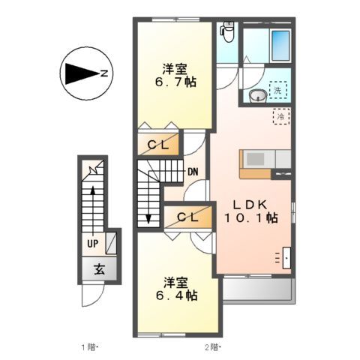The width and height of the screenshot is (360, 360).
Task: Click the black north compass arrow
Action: click(x=79, y=73)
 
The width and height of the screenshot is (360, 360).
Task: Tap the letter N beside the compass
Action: click(x=104, y=73)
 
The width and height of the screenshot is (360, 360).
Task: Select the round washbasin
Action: click(x=257, y=95)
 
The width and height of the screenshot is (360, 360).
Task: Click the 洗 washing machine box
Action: click(x=278, y=90)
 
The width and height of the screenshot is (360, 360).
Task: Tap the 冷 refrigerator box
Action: click(x=280, y=117)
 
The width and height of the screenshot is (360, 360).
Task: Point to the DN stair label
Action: click(x=193, y=172)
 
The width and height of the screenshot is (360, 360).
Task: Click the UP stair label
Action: click(x=93, y=244)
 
